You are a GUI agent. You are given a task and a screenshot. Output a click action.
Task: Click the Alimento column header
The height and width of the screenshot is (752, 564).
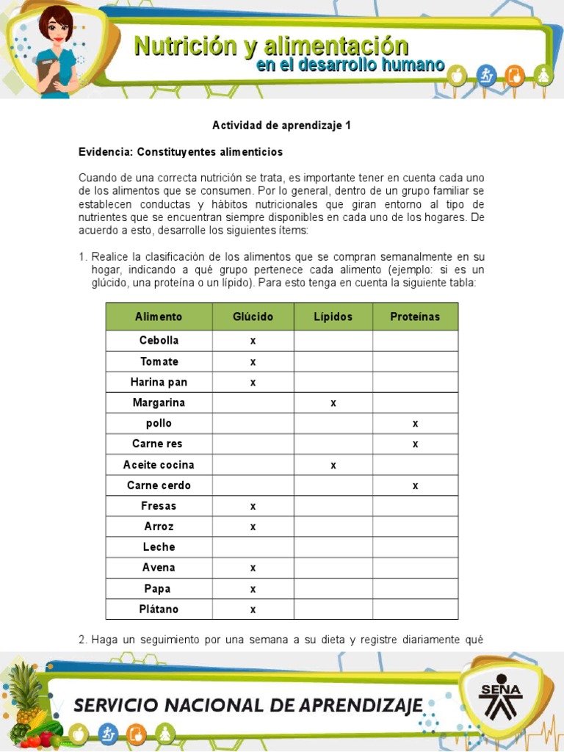[159, 317]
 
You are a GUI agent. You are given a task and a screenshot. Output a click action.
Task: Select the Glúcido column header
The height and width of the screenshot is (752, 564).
[253, 317]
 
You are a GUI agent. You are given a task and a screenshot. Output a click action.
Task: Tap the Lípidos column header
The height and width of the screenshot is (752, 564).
[333, 317]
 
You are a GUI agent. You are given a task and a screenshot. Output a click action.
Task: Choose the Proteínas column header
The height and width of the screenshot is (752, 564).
[415, 317]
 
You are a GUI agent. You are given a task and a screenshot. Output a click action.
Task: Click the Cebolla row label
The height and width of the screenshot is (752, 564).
[159, 341]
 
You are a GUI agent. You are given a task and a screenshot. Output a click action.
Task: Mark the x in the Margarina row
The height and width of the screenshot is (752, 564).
[333, 403]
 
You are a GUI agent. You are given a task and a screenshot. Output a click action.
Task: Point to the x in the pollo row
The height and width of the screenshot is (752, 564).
[415, 424]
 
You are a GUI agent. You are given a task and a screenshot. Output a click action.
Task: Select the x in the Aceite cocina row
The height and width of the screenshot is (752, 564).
[333, 465]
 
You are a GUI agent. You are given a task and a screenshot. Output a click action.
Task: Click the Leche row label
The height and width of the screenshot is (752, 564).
[159, 547]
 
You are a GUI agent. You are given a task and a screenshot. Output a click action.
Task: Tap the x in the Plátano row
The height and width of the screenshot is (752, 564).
[253, 610]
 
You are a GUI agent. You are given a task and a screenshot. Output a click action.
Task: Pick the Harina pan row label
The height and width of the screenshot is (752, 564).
[159, 382]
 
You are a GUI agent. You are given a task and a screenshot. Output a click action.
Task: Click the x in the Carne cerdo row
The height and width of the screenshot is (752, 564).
[415, 485]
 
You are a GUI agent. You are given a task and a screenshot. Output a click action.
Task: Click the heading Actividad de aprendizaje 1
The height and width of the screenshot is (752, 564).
[281, 126]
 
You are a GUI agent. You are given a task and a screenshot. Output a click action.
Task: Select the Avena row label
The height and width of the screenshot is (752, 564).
[159, 568]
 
